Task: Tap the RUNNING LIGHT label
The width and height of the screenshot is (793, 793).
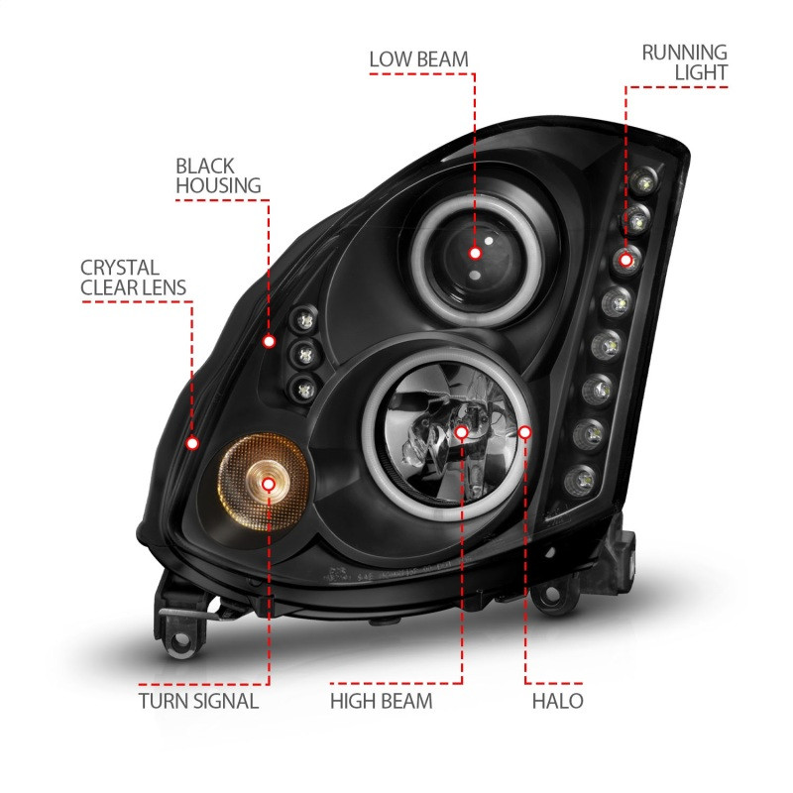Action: coord(684,61)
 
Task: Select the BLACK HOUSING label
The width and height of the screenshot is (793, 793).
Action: coord(218,174)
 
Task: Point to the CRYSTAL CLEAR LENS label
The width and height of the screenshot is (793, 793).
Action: coord(134,277)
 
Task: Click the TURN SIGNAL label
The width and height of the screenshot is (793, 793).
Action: coord(198,702)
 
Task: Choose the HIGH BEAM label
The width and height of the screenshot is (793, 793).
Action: coord(382,702)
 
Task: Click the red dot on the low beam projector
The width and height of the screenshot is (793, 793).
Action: coord(475,253)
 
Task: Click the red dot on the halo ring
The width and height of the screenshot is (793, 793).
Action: coord(525,431)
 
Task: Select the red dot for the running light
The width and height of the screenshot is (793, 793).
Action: coord(625,260)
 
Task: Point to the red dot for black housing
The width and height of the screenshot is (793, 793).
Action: coord(269,341)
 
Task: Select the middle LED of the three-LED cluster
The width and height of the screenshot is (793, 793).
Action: coord(302,351)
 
